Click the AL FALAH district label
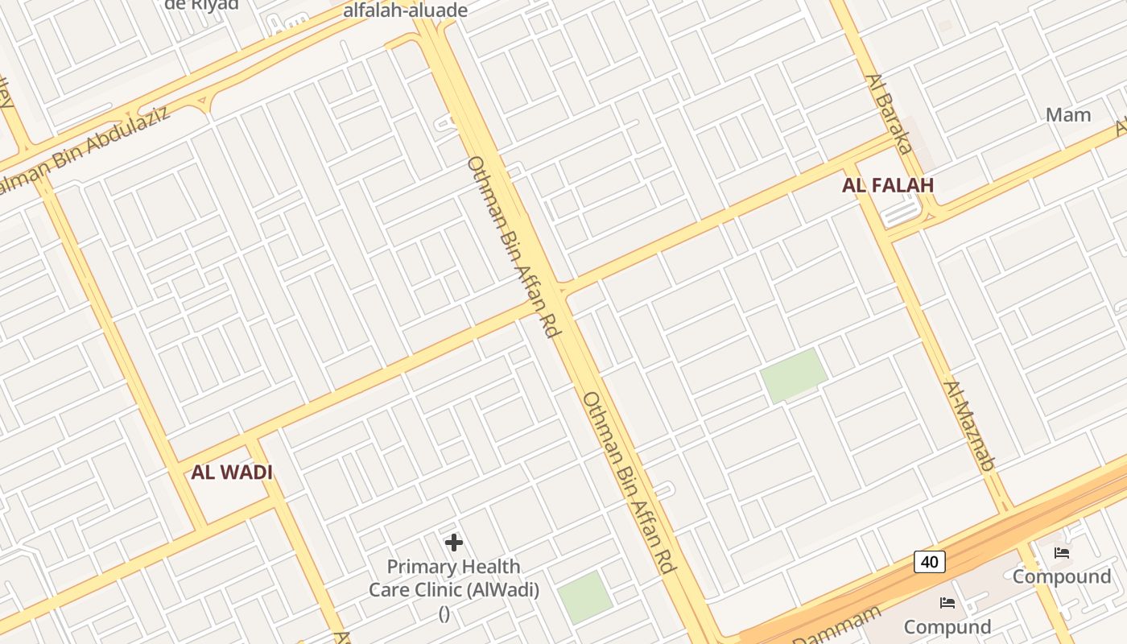tap(888, 185)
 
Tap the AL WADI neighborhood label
tap(232, 473)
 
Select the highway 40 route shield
tap(929, 561)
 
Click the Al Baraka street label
tap(889, 114)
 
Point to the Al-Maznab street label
tap(968, 425)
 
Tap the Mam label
tap(1068, 114)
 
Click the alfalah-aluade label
tap(405, 10)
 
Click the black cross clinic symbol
tap(454, 543)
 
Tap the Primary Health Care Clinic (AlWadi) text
tap(454, 578)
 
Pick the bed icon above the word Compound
tap(1062, 553)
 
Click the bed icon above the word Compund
tap(947, 603)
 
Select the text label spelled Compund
tap(947, 626)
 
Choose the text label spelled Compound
tap(1061, 576)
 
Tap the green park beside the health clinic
tap(585, 597)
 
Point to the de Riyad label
tap(201, 5)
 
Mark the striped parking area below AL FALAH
tap(902, 213)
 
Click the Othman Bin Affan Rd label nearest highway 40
tap(628, 482)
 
